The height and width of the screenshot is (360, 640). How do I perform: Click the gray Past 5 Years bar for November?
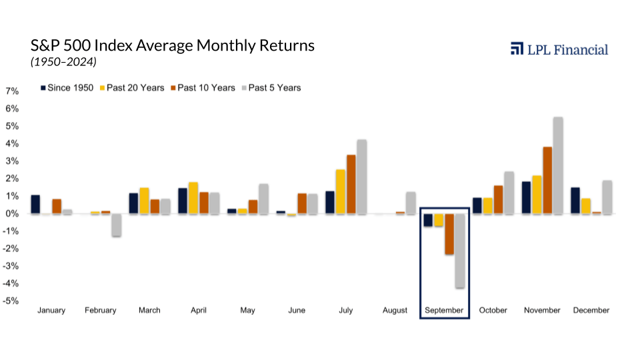[x=558, y=165]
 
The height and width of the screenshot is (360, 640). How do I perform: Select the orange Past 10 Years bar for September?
[x=449, y=234]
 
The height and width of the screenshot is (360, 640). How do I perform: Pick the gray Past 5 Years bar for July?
[x=362, y=177]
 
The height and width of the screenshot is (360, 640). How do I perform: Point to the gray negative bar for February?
[x=116, y=225]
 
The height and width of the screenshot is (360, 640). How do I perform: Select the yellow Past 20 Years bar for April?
[x=193, y=198]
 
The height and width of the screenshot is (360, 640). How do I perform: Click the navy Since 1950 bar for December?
[x=575, y=201]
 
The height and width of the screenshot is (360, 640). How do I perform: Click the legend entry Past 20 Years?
[x=132, y=88]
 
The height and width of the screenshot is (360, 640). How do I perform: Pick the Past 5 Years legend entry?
[x=271, y=88]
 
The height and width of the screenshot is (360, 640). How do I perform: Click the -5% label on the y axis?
[x=11, y=301]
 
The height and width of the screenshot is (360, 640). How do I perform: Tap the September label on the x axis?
[x=444, y=311]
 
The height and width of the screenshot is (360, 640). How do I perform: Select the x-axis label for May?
[x=247, y=311]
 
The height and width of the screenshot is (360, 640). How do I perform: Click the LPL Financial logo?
[x=559, y=49]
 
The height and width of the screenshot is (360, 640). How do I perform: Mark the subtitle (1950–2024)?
[x=63, y=62]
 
